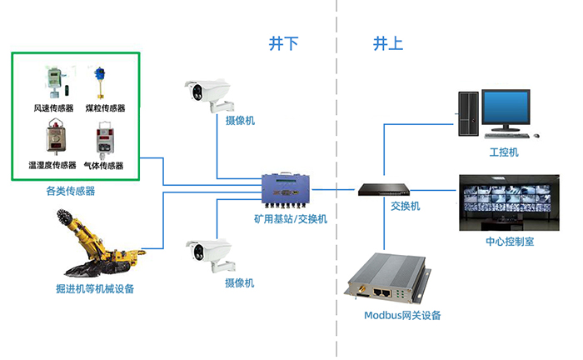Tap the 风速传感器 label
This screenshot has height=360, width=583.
pos(53,108)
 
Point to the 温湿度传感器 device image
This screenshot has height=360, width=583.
pos(52,140)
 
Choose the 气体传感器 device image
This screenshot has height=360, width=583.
pos(104,140)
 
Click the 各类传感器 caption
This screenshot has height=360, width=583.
pos(70,191)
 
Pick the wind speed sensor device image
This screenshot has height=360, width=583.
pos(52,81)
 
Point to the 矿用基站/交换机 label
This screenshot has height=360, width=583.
pos(291,219)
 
